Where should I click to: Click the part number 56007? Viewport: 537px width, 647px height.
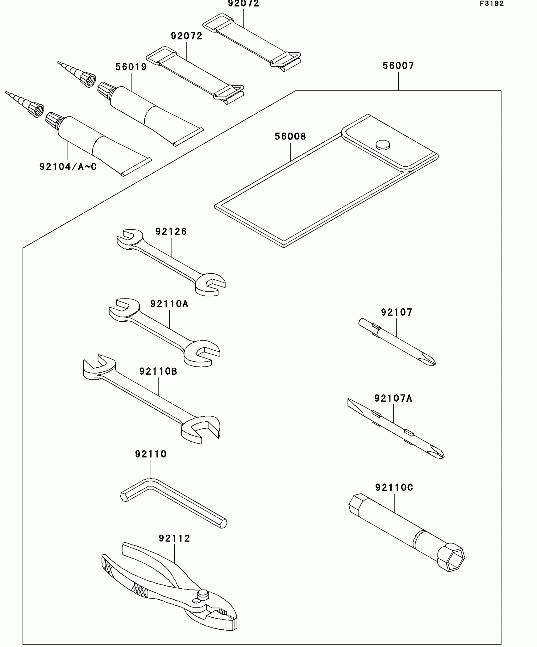[x=398, y=66]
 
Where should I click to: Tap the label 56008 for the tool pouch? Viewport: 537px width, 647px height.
[x=290, y=136]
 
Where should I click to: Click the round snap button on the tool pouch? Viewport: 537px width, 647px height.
[x=383, y=145]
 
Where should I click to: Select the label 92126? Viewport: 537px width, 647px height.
[x=171, y=232]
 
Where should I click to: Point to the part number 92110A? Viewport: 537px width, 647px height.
[x=169, y=304]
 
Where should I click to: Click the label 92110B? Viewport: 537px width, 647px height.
[x=158, y=371]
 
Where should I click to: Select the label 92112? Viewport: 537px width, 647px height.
[x=174, y=538]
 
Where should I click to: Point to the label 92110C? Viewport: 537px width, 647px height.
[x=394, y=488]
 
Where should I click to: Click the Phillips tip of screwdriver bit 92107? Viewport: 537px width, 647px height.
[x=430, y=361]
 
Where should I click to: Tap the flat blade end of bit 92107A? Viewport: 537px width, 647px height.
[x=352, y=404]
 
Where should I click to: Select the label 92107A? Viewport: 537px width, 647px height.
[x=393, y=399]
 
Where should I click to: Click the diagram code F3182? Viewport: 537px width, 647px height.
[x=492, y=4]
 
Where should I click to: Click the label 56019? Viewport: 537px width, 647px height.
[x=131, y=67]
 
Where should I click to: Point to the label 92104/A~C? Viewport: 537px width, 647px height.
[x=68, y=167]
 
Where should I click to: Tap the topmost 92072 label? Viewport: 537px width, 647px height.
[x=244, y=4]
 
